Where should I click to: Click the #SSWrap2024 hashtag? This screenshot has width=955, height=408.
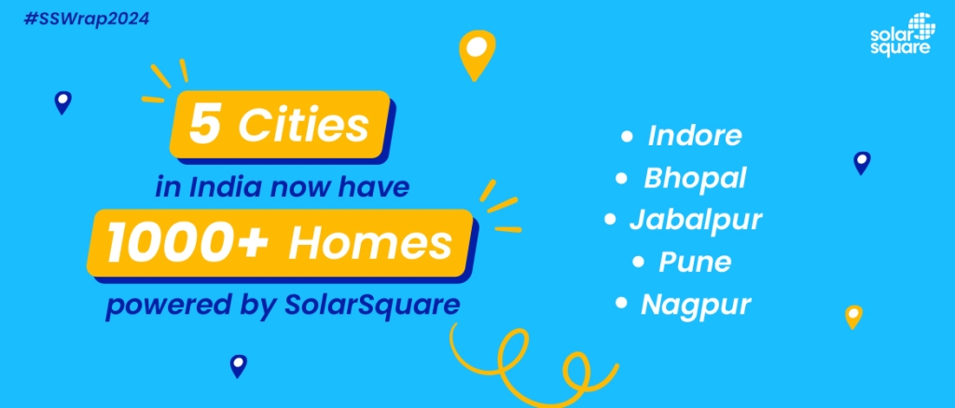coord(86,19)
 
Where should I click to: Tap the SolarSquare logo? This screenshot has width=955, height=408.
coord(901,36)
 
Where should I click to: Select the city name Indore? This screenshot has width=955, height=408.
coord(695,136)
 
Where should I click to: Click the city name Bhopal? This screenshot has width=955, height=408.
coord(695,178)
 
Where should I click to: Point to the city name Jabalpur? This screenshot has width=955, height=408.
coord(696,220)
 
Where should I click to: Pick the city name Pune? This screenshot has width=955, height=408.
coord(695,262)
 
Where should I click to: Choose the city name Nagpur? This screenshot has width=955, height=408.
coord(696,305)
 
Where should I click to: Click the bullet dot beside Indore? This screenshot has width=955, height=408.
coord(627,137)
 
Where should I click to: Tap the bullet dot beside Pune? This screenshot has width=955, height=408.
coord(638,263)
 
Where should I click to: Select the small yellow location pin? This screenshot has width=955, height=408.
coord(854,317)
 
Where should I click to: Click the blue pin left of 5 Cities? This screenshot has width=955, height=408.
coord(62,102)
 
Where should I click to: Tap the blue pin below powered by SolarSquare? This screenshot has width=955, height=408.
coord(238,366)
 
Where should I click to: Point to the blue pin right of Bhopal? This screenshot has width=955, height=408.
coord(862,163)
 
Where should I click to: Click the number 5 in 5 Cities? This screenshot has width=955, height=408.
coord(204,125)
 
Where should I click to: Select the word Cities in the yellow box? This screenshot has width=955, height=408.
coord(303,125)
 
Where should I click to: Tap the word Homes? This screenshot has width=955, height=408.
coord(370,242)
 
